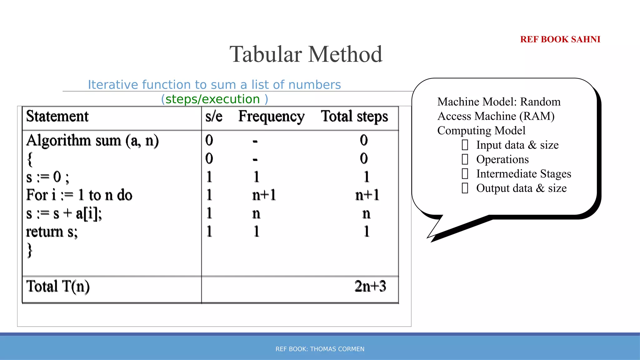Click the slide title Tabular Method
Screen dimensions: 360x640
[x=306, y=54]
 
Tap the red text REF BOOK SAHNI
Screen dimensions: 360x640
[x=560, y=39]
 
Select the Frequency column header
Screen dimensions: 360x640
[x=271, y=117]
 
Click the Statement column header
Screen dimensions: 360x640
[x=57, y=116]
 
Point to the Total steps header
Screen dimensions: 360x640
[x=354, y=117]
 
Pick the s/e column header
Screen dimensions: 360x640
[x=214, y=117]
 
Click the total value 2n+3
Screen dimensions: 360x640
[x=370, y=286]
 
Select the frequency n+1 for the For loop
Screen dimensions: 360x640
[x=264, y=195]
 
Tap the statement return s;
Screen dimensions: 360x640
[x=52, y=232]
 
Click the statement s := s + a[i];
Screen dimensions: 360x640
[x=64, y=214]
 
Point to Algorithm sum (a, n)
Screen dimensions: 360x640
[x=92, y=141]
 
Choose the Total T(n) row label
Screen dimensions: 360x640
[x=58, y=286]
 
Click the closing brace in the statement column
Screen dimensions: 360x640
[x=30, y=250]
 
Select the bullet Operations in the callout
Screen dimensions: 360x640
[x=502, y=159]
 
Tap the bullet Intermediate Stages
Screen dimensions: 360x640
[x=523, y=174]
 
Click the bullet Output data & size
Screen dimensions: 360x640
[x=521, y=188]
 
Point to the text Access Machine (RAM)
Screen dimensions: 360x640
[x=496, y=116]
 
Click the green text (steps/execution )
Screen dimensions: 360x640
[x=214, y=99]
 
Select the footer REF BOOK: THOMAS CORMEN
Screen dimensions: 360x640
[x=320, y=349]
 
